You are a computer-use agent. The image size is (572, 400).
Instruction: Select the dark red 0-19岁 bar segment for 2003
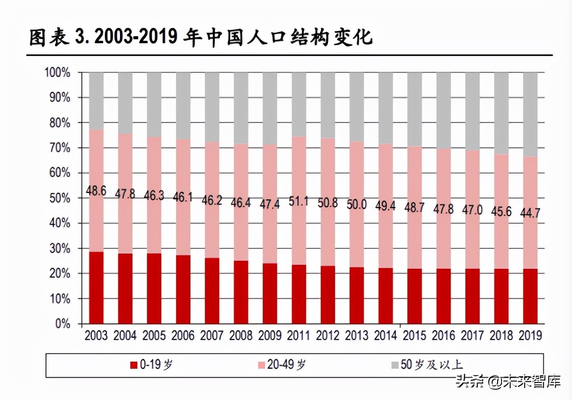coord(96,288)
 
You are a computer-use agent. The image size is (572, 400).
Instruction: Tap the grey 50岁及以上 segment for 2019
coord(530,114)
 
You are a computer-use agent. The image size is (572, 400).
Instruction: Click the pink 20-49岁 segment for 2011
coord(299,179)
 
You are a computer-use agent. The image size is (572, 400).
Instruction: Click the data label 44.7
coord(530,213)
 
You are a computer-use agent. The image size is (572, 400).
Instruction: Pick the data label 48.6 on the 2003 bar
coord(96,191)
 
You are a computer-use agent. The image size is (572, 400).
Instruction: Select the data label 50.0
coord(356,204)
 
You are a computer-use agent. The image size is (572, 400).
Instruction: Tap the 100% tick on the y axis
coord(57,72)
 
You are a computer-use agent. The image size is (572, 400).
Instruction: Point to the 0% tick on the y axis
coord(62,324)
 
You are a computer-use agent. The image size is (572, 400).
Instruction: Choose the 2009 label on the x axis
coord(270,335)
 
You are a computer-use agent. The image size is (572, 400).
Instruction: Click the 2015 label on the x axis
coord(414,335)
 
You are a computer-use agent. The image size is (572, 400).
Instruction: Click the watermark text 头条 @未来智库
coord(507,382)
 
